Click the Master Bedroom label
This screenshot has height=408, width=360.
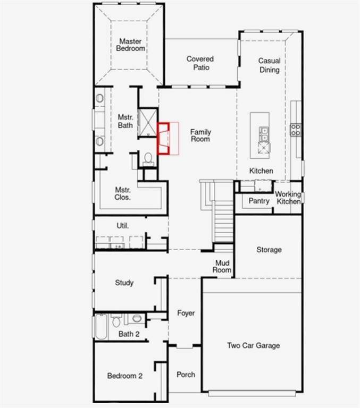coord(131,45)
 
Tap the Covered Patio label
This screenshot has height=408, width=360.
coord(200,63)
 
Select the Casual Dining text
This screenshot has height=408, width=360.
coord(269,65)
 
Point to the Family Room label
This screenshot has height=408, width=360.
coord(200,135)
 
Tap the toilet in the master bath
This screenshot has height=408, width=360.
coord(148,158)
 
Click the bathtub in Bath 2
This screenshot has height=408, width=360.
coord(101,326)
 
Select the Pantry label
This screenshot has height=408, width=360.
coord(259,201)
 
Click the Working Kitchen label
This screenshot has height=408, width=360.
coord(288,198)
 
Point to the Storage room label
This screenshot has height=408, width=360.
coord(269,250)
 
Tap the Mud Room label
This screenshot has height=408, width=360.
coord(223,266)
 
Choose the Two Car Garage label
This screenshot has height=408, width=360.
coord(254,346)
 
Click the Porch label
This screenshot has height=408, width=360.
coord(186,375)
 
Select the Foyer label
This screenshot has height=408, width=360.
coord(186,313)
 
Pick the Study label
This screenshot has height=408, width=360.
coord(124,283)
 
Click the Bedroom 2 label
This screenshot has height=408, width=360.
coord(125,376)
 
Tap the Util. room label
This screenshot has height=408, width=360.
coord(123,226)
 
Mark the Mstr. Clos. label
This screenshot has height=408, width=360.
coord(123,193)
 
